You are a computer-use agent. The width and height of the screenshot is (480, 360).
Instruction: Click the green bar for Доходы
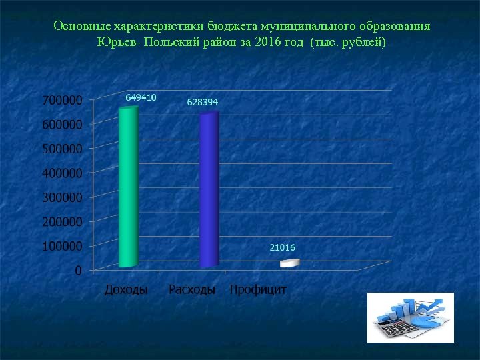(x=128, y=187)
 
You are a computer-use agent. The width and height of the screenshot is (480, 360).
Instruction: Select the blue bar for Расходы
(x=209, y=190)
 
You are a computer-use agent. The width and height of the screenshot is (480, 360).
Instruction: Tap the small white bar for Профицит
(x=288, y=263)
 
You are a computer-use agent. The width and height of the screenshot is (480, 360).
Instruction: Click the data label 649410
(x=141, y=97)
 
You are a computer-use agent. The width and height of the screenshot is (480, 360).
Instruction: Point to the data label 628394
(x=202, y=102)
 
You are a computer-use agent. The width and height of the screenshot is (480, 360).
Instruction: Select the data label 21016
(x=283, y=247)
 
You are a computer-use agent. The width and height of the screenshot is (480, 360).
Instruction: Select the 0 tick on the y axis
(x=79, y=270)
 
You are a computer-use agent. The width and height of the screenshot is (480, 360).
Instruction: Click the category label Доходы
(x=126, y=290)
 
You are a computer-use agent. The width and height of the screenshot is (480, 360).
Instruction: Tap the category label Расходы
(x=192, y=290)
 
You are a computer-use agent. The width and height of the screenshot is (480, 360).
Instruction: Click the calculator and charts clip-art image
(x=410, y=317)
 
